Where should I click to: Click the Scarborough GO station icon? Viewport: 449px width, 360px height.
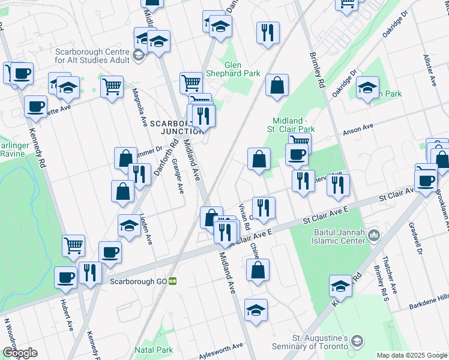pos(172,280)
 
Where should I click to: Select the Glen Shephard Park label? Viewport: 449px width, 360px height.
pos(242,69)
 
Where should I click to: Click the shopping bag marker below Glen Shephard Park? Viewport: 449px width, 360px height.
pos(277,86)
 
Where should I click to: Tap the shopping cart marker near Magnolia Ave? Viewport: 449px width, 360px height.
pos(112,88)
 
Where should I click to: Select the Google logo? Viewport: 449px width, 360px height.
pos(20,352)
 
